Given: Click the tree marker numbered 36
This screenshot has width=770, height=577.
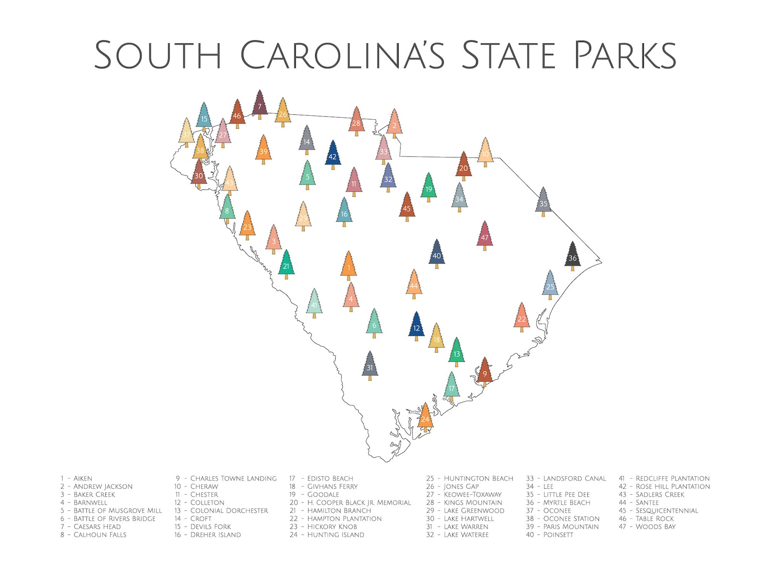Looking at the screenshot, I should coord(573,257).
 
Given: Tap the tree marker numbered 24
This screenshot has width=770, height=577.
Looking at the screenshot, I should coord(425,418).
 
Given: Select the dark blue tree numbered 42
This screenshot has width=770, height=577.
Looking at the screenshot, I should coord(333,156).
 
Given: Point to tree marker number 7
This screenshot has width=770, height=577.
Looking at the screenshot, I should coord(260,106).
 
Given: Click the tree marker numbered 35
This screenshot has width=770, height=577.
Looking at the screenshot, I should coord(543,203).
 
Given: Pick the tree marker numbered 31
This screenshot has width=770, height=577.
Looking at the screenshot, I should coord(370,367).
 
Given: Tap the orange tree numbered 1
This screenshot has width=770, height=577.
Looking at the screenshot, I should coord(349,267).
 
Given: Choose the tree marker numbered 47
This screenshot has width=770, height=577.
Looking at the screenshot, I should coord(485,237).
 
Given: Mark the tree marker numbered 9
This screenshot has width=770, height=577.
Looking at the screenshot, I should coord(484,373).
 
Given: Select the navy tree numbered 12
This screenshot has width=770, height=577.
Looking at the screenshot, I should coord(417,327).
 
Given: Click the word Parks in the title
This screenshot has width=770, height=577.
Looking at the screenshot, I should coord(625,55).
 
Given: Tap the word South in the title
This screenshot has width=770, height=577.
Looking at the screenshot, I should coord(158,55).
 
